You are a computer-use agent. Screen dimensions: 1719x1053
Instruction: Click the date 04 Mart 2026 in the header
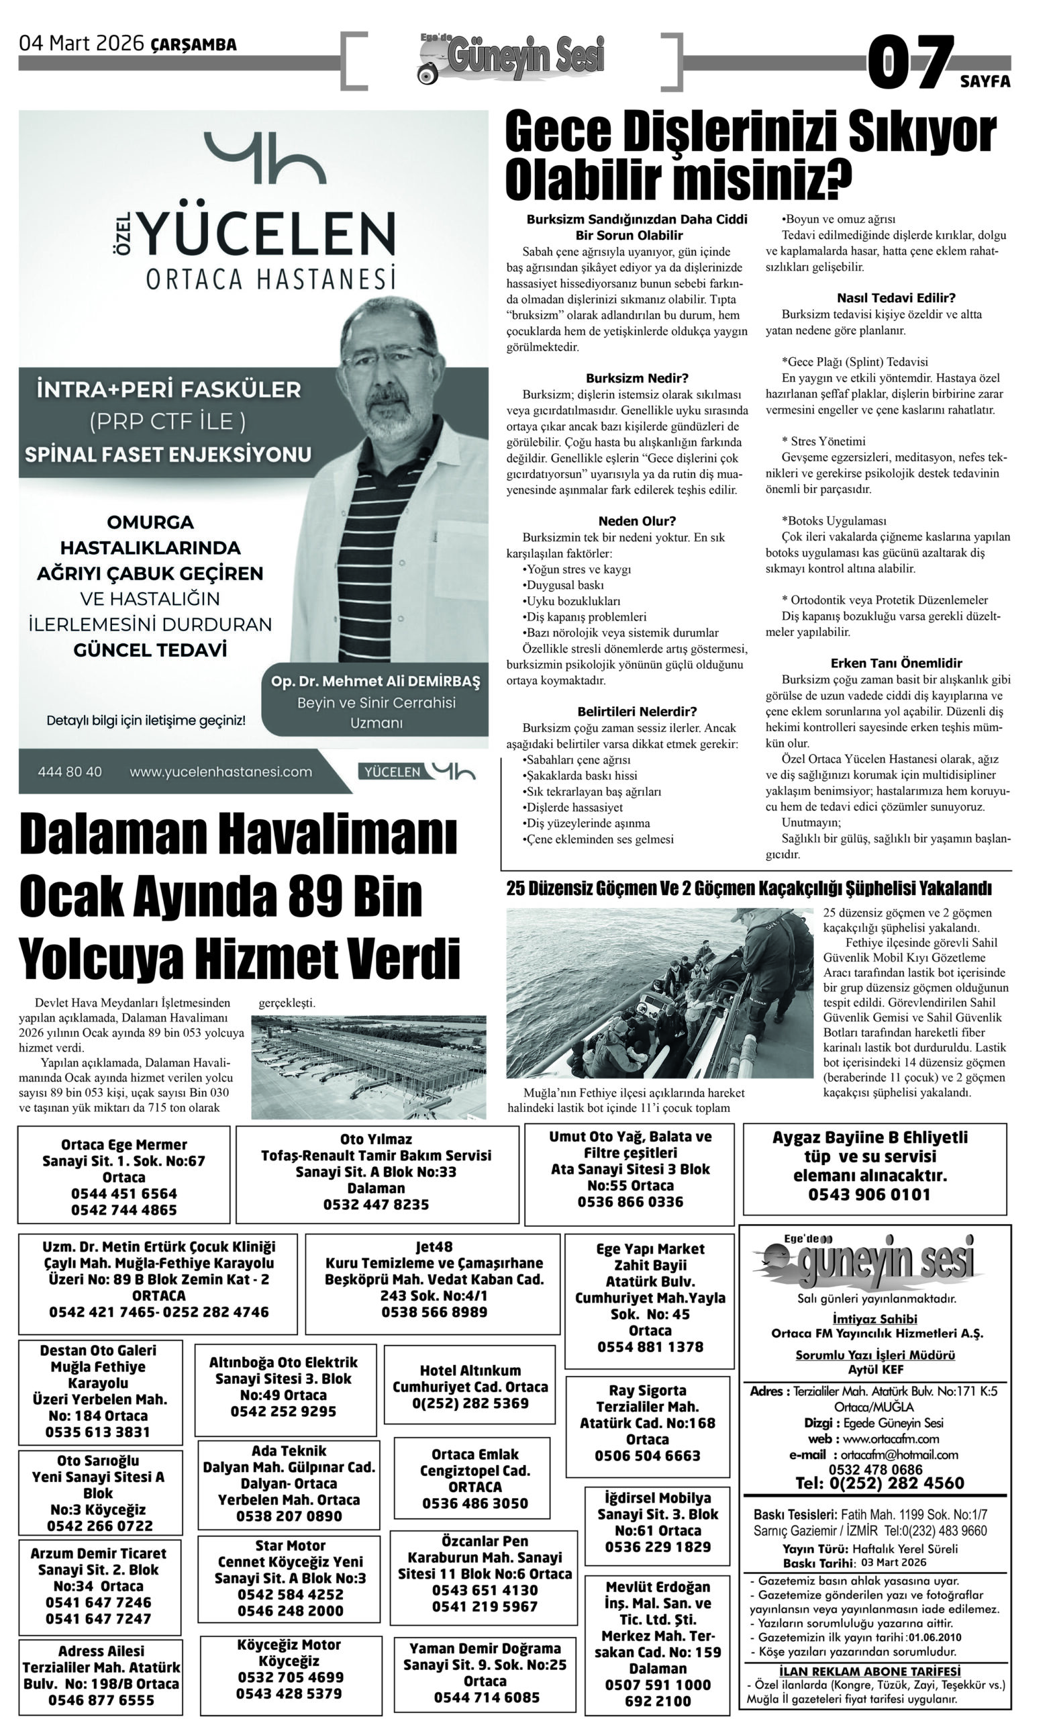(83, 44)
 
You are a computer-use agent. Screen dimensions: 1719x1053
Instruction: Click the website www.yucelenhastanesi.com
(220, 772)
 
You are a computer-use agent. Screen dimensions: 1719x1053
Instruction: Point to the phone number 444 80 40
(70, 772)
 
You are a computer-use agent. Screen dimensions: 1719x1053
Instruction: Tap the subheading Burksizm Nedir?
(637, 378)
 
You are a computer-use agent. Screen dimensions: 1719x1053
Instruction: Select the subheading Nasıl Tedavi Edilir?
(896, 298)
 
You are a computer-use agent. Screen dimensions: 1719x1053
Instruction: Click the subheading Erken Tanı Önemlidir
(896, 663)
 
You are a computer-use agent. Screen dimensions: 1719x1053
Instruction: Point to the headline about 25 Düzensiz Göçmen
(748, 889)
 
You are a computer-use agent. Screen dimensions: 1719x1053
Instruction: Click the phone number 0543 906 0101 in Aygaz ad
(869, 1195)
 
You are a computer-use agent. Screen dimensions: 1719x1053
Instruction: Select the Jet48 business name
(434, 1246)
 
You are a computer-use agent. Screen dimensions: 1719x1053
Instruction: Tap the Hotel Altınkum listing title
(470, 1370)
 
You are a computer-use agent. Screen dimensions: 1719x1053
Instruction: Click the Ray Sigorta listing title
(647, 1390)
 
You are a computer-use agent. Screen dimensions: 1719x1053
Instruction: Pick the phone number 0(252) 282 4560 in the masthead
(879, 1483)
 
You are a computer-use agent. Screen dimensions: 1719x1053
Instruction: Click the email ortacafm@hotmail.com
(899, 1454)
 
